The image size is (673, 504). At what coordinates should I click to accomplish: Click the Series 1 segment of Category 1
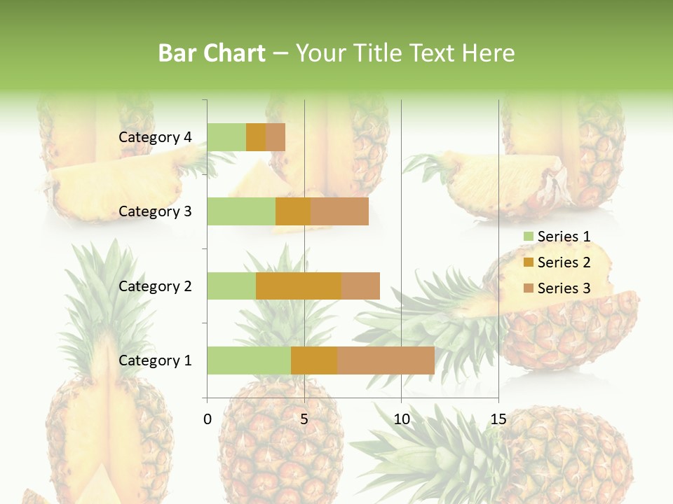(x=249, y=360)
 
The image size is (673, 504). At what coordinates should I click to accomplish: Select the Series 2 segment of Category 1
(x=314, y=360)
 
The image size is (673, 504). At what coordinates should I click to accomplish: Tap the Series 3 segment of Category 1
(x=386, y=360)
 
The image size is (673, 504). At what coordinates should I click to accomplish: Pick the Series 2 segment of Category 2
(x=299, y=286)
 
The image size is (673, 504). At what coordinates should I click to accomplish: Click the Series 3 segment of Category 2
(x=360, y=286)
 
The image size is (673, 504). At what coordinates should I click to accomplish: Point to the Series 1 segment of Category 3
(x=241, y=211)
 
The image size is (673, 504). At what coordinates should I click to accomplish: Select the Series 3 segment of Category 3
(x=339, y=211)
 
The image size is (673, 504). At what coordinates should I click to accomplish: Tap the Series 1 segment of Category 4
(x=226, y=137)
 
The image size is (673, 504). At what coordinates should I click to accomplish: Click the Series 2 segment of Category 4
(x=256, y=137)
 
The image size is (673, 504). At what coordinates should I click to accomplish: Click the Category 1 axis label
(x=155, y=360)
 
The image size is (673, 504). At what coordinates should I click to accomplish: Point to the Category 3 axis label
(x=155, y=211)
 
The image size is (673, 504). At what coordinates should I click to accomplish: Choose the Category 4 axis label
(x=155, y=137)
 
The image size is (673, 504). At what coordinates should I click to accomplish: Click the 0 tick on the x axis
(x=208, y=419)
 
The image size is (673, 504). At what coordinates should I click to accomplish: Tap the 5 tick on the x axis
(x=304, y=419)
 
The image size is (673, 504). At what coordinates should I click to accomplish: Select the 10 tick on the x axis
(x=401, y=419)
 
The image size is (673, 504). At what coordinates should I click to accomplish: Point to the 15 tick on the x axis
(x=498, y=419)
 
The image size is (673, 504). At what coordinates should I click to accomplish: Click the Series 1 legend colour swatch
(x=528, y=237)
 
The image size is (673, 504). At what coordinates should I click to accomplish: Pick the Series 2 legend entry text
(x=564, y=262)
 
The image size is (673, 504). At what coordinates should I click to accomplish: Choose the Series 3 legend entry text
(x=564, y=288)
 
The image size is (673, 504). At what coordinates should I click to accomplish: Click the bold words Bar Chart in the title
(x=212, y=52)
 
